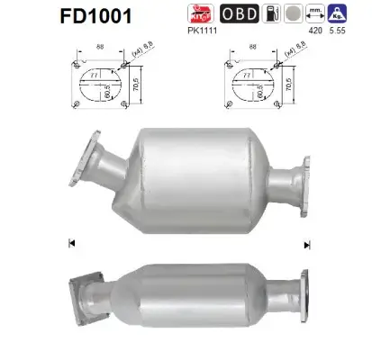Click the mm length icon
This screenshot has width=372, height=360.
(x=316, y=13)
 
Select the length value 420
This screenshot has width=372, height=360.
(x=316, y=30)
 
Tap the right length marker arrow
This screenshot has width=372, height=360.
(x=307, y=244)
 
